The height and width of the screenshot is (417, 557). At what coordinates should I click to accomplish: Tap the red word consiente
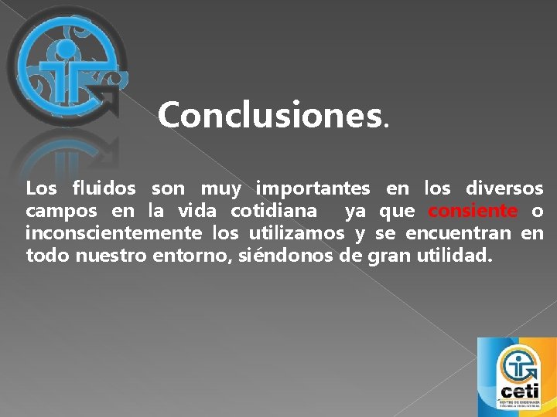point(473,211)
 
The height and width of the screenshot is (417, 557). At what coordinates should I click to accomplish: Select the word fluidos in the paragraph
point(104,188)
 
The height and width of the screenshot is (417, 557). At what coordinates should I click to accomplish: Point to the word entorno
point(189,255)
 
